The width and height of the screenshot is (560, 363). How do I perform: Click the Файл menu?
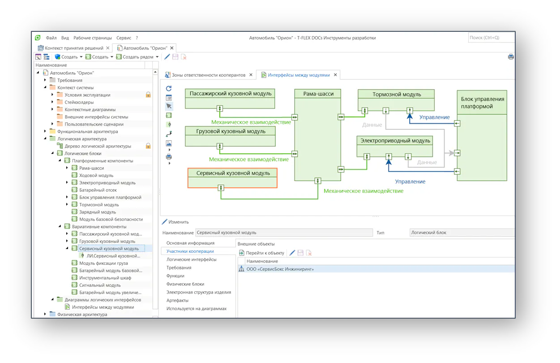[x=51, y=38]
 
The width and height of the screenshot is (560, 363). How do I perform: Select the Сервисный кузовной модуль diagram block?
[x=232, y=178]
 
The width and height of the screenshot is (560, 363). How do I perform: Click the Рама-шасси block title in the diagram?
[x=318, y=94]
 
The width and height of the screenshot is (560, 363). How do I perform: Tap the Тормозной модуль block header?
[x=397, y=95]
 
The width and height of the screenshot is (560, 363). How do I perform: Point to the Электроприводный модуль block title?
[x=395, y=141]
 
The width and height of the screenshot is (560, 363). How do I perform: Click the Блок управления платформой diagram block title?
[x=482, y=103]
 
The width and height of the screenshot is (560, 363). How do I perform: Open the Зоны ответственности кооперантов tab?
[x=208, y=75]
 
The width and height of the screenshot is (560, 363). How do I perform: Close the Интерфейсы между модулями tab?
[x=335, y=75]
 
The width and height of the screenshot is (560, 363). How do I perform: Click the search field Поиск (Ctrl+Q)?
[x=491, y=38]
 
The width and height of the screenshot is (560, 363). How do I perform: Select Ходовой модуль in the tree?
[x=96, y=176]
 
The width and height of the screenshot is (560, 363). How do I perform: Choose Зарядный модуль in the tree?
[x=98, y=212]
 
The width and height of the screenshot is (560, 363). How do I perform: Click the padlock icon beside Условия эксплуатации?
[x=148, y=95]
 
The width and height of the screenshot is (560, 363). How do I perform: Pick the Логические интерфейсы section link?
[x=191, y=259]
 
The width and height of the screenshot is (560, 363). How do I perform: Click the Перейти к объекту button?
[x=262, y=253]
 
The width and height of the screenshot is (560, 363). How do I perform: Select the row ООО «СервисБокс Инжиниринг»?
[x=280, y=269]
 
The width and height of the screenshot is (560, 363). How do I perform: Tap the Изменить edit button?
[x=175, y=222]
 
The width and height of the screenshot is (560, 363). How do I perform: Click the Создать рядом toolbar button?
[x=137, y=57]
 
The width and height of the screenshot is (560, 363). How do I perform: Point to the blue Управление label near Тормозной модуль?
[x=434, y=117]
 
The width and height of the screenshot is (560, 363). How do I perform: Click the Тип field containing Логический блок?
[x=462, y=233]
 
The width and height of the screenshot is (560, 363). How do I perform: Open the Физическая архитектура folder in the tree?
[x=82, y=315]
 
